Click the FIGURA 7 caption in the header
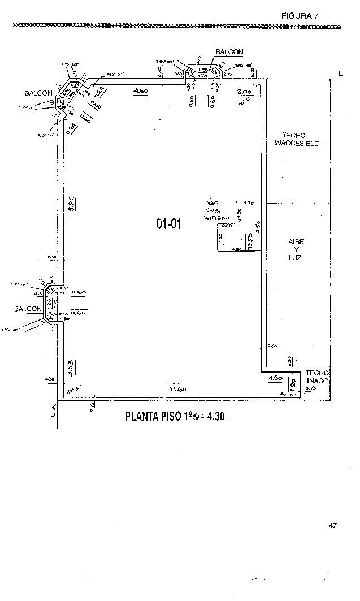pos(300,16)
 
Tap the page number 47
pos(332,525)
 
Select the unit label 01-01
pos(168,224)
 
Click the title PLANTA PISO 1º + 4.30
pos(175,417)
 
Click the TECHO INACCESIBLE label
pos(296,140)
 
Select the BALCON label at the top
pos(229,52)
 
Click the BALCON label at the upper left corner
pos(38,93)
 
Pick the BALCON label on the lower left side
pos(28,309)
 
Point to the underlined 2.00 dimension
pos(244,92)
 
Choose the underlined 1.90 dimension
pos(275,378)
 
